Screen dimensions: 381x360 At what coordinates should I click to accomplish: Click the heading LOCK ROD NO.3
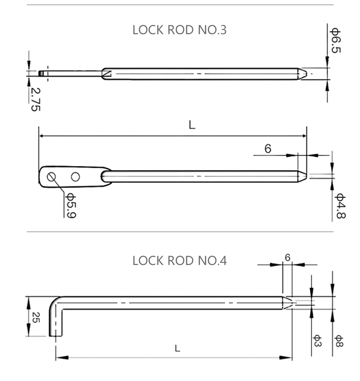point(179,30)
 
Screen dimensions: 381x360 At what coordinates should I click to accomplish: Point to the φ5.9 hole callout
point(70,205)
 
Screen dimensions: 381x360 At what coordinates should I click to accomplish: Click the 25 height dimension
point(34,317)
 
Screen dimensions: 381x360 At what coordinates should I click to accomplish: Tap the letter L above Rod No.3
point(192,126)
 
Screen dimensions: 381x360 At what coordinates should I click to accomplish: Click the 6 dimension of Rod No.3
point(268,149)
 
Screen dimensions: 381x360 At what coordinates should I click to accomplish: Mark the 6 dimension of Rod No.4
point(288,258)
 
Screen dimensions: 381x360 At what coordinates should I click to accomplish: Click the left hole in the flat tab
point(51,177)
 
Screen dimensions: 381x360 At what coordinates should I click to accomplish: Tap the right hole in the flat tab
point(75,177)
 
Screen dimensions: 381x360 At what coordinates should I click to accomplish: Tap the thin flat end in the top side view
point(44,74)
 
